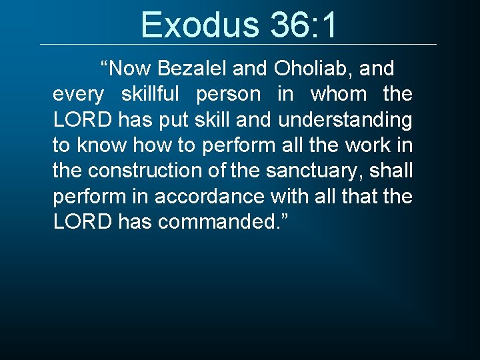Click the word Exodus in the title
201,25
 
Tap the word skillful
151,94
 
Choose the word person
228,94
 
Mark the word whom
339,94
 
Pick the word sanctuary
313,170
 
